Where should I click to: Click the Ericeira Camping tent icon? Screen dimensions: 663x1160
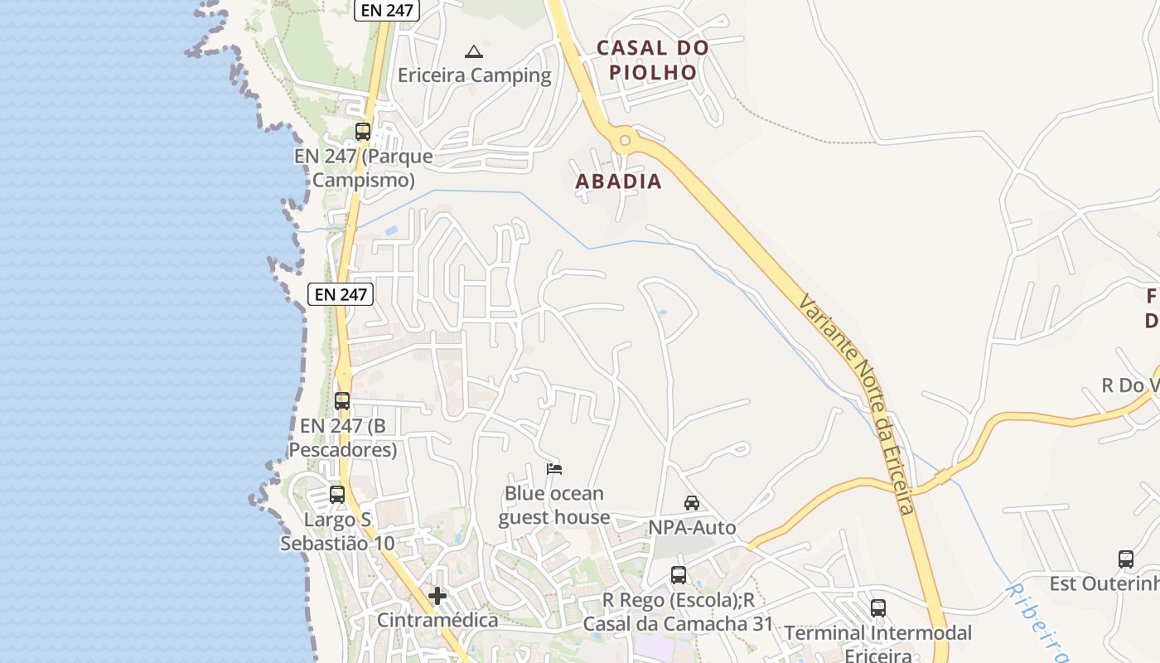(x=473, y=51)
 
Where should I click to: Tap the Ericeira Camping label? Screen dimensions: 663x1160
(x=474, y=75)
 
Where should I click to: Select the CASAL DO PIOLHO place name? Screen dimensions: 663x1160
(x=653, y=60)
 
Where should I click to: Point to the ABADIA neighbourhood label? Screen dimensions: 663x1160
(x=619, y=181)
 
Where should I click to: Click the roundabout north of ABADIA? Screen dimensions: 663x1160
(x=625, y=140)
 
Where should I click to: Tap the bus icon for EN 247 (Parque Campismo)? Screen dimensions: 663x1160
(x=363, y=131)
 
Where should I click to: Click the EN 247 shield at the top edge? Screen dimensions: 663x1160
(x=387, y=10)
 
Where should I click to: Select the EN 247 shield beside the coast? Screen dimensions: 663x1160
(x=341, y=293)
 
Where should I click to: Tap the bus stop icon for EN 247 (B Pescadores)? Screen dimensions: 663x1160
(x=342, y=401)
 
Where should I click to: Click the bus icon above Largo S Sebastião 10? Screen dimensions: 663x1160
(x=337, y=495)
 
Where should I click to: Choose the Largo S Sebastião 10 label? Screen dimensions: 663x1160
(x=337, y=532)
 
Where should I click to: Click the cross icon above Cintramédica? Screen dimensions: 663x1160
(x=437, y=596)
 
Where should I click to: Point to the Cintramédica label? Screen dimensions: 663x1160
(x=437, y=620)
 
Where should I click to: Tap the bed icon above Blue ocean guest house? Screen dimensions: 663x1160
(x=554, y=469)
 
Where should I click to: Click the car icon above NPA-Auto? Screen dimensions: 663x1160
(x=692, y=503)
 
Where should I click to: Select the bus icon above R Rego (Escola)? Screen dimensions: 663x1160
(x=679, y=574)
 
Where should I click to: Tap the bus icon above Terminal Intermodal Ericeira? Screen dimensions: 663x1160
(x=878, y=608)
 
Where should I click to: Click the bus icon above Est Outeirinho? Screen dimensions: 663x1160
(x=1126, y=559)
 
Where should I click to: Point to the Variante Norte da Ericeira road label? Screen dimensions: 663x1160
(x=858, y=404)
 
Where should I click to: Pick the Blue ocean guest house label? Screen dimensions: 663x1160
(x=554, y=506)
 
